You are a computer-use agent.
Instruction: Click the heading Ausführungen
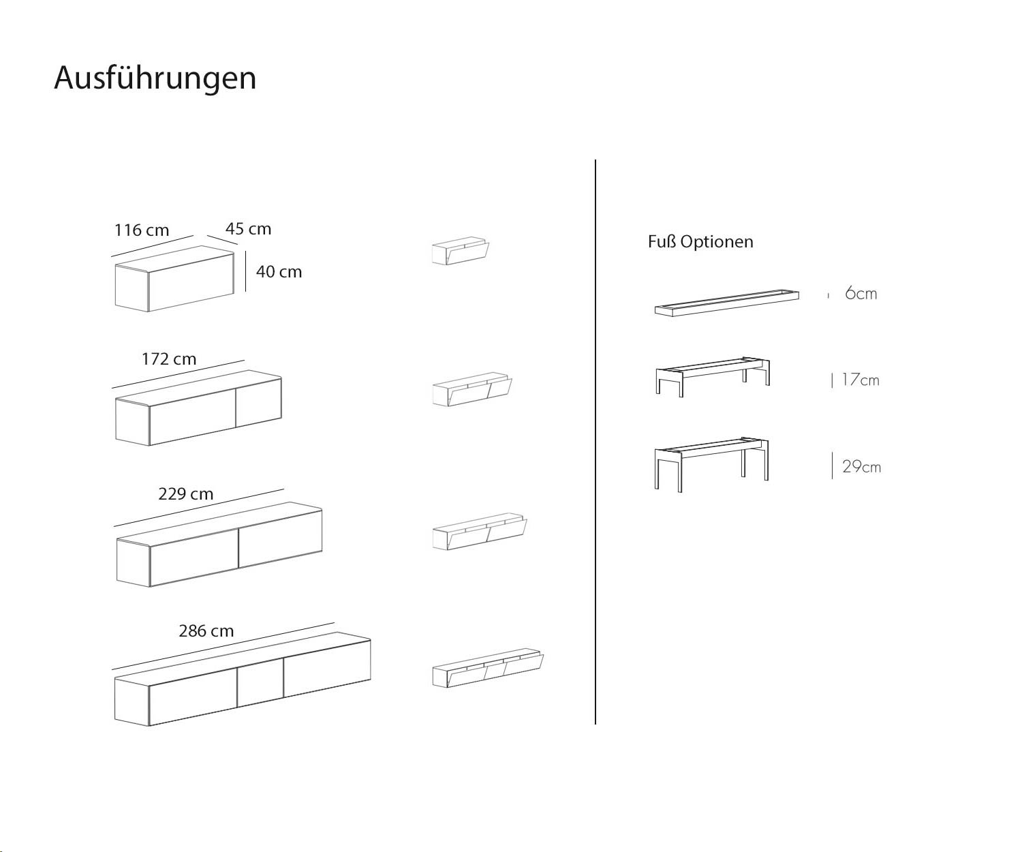point(155,78)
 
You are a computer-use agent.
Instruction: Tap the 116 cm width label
point(142,230)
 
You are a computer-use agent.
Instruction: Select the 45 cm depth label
point(248,228)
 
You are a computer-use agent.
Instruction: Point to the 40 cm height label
point(279,272)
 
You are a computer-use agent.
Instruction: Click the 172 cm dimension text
point(169,359)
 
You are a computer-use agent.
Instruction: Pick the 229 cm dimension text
point(185,493)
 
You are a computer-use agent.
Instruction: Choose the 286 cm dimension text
point(206,630)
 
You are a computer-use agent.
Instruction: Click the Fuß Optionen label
point(700,241)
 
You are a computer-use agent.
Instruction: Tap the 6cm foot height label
point(861,293)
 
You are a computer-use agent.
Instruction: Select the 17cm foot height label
point(861,380)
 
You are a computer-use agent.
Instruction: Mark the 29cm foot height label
point(861,467)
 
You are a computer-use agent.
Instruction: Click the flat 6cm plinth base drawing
point(727,303)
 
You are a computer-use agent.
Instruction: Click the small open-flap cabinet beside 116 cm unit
point(460,252)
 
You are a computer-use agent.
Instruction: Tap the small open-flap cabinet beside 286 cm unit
point(488,668)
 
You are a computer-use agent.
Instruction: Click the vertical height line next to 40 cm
point(245,272)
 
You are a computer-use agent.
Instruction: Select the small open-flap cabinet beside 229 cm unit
point(480,531)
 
